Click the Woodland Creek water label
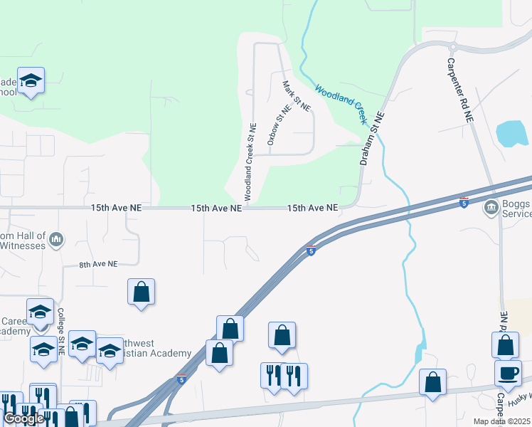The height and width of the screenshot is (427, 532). [x=346, y=102]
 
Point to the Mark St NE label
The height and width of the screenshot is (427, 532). [x=297, y=96]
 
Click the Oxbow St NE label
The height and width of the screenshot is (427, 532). [x=280, y=126]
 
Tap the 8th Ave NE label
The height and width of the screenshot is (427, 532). [x=98, y=264]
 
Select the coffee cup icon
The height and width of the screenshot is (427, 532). [x=508, y=373]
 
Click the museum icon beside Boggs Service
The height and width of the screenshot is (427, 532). [x=491, y=209]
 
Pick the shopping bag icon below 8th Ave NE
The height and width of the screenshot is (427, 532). [x=142, y=292]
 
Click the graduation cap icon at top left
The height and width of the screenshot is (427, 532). [x=31, y=80]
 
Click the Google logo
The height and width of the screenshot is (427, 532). [x=23, y=418]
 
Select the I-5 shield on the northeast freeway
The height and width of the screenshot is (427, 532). [x=464, y=202]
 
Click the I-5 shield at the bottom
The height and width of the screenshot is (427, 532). [x=182, y=379]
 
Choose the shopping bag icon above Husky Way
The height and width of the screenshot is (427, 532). [x=432, y=383]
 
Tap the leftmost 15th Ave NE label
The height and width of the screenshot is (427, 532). [x=116, y=209]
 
